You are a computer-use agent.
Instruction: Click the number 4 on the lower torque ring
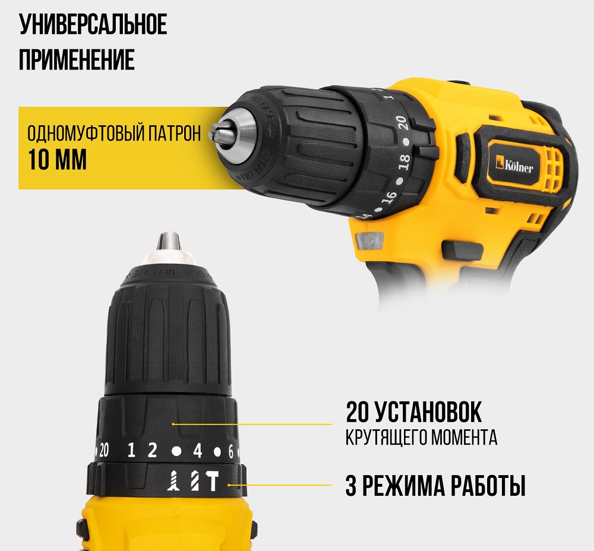[x=198, y=451]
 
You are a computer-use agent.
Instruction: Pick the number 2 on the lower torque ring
[x=152, y=451]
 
